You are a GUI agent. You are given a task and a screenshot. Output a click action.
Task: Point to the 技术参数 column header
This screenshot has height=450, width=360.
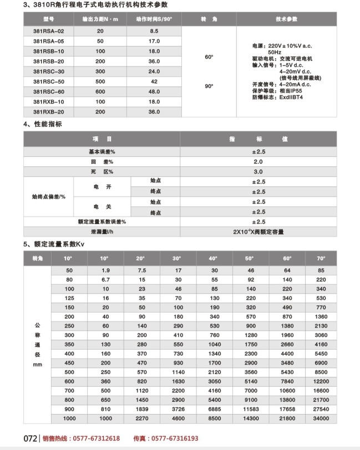287,19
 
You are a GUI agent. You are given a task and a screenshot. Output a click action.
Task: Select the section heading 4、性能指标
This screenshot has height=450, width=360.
43,124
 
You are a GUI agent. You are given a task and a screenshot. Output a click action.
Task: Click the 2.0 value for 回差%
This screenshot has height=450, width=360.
258,161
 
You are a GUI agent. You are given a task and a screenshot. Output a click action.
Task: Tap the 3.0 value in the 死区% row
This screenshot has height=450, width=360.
258,171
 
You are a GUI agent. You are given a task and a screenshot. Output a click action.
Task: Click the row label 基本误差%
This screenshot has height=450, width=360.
102,151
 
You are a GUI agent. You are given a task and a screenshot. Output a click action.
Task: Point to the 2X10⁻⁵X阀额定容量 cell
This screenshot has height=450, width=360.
258,232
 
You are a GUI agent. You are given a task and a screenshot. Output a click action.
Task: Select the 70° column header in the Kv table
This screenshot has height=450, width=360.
321,259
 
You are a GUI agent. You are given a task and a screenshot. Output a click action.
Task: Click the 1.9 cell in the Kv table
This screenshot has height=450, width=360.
105,270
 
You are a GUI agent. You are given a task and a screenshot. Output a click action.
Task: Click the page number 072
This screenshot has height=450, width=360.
30,438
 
